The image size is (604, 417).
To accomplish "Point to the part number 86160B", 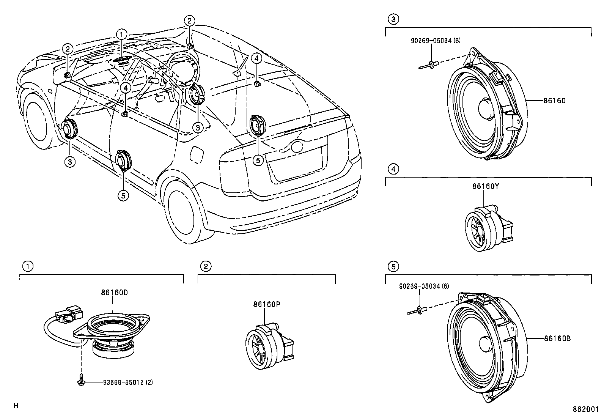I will point(557,338).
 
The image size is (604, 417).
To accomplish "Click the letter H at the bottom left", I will point(16,406).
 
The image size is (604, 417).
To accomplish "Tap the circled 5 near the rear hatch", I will point(258,161).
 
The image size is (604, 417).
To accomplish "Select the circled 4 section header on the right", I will point(393,169).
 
